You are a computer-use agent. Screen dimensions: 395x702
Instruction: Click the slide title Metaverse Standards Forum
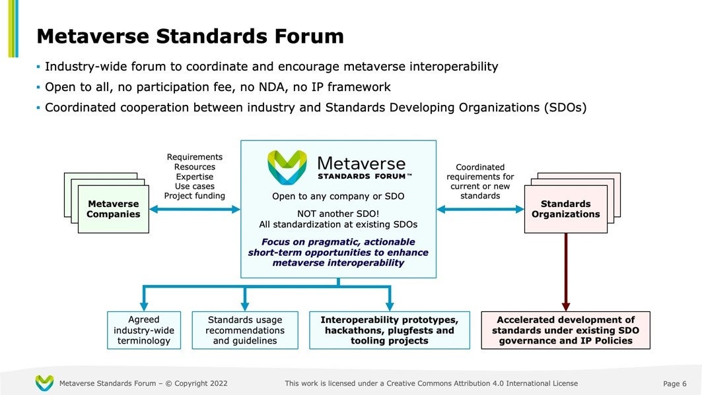[x=190, y=36]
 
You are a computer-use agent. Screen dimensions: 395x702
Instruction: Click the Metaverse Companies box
[x=114, y=209]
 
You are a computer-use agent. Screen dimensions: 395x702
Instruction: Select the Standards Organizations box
[x=565, y=209]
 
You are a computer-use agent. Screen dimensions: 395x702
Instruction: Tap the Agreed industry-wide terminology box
[x=145, y=330]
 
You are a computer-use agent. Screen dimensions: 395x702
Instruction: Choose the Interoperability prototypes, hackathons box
[x=390, y=330]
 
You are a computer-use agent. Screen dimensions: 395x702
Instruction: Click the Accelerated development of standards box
[x=565, y=330]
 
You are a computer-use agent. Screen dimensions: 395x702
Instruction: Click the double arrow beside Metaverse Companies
[x=195, y=210]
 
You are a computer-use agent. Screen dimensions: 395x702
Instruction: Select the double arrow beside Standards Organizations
[x=480, y=210]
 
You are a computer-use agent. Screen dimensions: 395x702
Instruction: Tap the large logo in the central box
[x=287, y=167]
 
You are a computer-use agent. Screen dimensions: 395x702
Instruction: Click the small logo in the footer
[x=44, y=382]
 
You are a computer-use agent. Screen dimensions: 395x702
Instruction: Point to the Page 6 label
[x=674, y=384]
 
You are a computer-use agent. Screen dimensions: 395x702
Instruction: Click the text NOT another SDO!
[x=338, y=213]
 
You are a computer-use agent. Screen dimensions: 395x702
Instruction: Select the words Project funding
[x=194, y=196]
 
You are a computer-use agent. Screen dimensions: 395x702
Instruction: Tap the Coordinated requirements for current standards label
[x=480, y=181]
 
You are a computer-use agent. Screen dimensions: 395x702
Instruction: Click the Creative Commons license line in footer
[x=431, y=383]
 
